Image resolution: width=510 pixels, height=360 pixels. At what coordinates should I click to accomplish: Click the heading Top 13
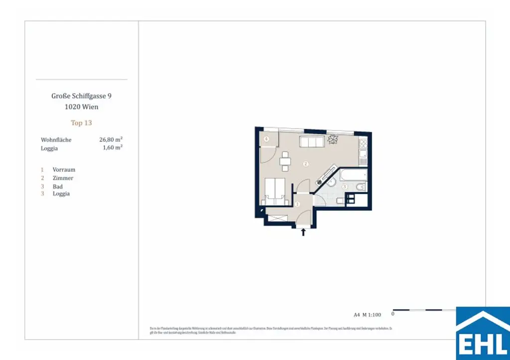coord(81,122)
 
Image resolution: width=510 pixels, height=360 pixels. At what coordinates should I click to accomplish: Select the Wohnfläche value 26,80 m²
coord(111,140)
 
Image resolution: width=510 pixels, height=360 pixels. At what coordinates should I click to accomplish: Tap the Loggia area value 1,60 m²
coord(112,148)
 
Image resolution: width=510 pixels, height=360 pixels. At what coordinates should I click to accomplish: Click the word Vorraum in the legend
coord(64,170)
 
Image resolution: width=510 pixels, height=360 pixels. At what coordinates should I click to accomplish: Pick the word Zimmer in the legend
coord(63,178)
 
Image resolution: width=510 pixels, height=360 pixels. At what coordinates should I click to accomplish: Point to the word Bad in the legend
coord(58,187)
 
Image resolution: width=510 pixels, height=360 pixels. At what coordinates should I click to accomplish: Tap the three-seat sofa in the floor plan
coord(312,142)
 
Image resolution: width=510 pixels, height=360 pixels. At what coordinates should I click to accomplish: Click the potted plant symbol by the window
coord(333,139)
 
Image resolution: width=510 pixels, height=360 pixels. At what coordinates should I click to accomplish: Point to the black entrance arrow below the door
coord(304,233)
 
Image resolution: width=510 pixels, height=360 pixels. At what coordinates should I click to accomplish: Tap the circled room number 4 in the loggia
coord(267,139)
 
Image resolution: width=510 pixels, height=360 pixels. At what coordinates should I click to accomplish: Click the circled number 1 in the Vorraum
coord(298,204)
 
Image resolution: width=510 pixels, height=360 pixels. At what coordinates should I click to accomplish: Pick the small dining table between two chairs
coord(285,161)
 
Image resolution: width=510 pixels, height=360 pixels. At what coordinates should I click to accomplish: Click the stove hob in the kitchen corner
coord(363,145)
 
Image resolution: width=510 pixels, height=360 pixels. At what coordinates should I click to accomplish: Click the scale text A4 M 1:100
coord(367,314)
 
